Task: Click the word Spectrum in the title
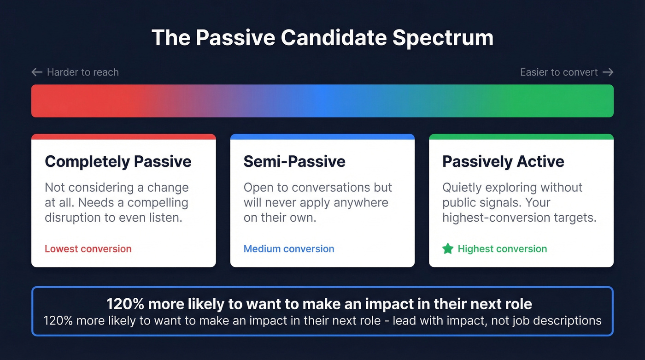pos(443,38)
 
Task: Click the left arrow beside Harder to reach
pos(37,72)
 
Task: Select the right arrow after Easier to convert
pos(608,72)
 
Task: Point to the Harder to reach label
pos(82,72)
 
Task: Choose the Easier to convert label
pos(558,72)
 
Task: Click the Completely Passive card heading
pos(118,161)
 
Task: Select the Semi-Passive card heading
pos(294,161)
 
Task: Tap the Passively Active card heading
pos(503,161)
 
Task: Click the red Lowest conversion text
pos(88,249)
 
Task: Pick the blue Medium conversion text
pos(289,249)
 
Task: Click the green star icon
pos(448,249)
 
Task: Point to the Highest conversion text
pos(502,249)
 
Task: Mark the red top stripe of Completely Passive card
pos(123,137)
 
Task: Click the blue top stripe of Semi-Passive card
pos(322,137)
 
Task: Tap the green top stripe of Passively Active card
pos(521,137)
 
